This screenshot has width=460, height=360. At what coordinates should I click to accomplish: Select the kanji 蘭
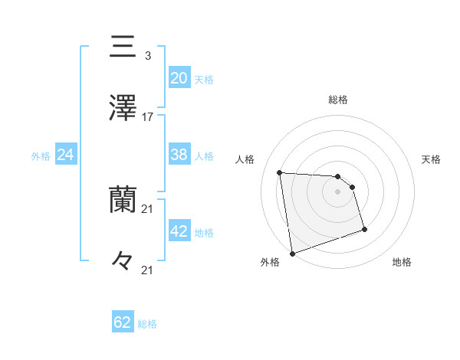click(x=123, y=200)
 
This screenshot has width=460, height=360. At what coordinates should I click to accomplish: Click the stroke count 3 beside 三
click(x=147, y=56)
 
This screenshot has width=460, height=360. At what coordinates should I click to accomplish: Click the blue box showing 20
click(x=179, y=78)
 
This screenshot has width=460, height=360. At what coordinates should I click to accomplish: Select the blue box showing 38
click(x=179, y=155)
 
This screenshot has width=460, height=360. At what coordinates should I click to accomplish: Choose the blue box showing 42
click(x=179, y=231)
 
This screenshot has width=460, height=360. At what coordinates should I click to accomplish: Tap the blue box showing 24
click(x=65, y=155)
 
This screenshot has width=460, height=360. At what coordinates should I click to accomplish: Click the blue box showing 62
click(x=123, y=322)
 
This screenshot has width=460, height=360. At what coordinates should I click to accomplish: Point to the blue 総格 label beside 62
click(x=148, y=324)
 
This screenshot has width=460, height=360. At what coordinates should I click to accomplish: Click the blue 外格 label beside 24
click(x=41, y=156)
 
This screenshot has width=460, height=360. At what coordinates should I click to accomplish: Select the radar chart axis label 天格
click(x=432, y=159)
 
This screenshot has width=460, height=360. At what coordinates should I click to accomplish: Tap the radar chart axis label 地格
click(x=402, y=263)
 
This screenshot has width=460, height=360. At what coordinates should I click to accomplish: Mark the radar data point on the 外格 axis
click(x=292, y=253)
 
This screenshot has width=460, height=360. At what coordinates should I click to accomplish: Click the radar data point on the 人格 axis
click(x=280, y=172)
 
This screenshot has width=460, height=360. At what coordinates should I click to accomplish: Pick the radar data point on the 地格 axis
click(x=364, y=229)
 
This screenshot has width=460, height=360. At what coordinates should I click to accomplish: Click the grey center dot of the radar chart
click(x=337, y=191)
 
